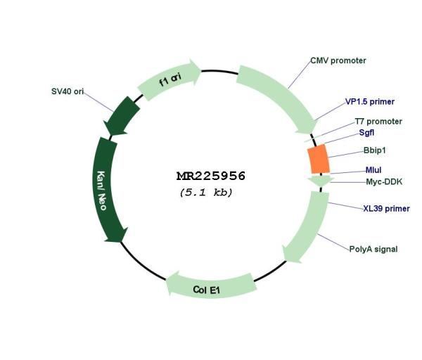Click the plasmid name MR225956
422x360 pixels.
211,176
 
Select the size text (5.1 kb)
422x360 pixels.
206,193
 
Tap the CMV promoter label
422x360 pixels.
338,60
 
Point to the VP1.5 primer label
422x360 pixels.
370,102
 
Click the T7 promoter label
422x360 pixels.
378,122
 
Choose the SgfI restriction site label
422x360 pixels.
366,133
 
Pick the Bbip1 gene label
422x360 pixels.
374,150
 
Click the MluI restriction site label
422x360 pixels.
373,170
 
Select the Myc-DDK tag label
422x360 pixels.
384,182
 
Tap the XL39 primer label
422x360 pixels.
386,209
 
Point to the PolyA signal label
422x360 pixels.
373,249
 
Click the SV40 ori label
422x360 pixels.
68,91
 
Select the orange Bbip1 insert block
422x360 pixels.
319,160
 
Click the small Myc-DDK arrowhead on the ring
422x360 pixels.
321,181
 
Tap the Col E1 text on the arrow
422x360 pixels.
206,290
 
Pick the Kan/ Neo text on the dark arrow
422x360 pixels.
102,191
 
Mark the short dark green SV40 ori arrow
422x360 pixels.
122,116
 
